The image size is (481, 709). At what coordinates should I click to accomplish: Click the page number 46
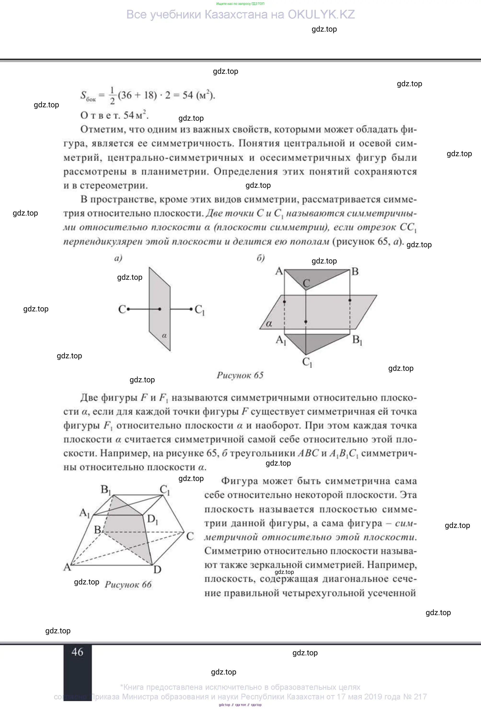[x=77, y=652]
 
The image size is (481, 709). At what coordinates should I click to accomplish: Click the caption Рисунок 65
[x=240, y=375]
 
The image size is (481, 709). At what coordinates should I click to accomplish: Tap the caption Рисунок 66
[x=128, y=584]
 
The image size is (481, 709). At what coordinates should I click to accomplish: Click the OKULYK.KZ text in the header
[x=321, y=15]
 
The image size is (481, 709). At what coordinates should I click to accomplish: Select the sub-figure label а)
[x=118, y=258]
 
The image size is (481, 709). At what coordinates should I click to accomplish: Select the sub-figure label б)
[x=260, y=258]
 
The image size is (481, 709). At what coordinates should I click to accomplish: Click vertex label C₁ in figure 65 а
[x=200, y=310]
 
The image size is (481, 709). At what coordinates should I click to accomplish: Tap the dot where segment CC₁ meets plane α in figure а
[x=160, y=309]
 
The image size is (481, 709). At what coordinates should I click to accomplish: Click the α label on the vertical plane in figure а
[x=164, y=336]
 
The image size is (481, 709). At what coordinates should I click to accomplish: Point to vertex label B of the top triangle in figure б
[x=355, y=271]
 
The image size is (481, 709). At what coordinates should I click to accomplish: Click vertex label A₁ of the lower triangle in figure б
[x=281, y=340]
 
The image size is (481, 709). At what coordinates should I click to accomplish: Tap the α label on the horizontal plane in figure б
[x=269, y=324]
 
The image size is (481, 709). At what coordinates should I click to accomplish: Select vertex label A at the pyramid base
[x=67, y=567]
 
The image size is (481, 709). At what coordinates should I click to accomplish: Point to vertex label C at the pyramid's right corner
[x=190, y=536]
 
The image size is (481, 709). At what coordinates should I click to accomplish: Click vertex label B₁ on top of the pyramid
[x=106, y=490]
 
